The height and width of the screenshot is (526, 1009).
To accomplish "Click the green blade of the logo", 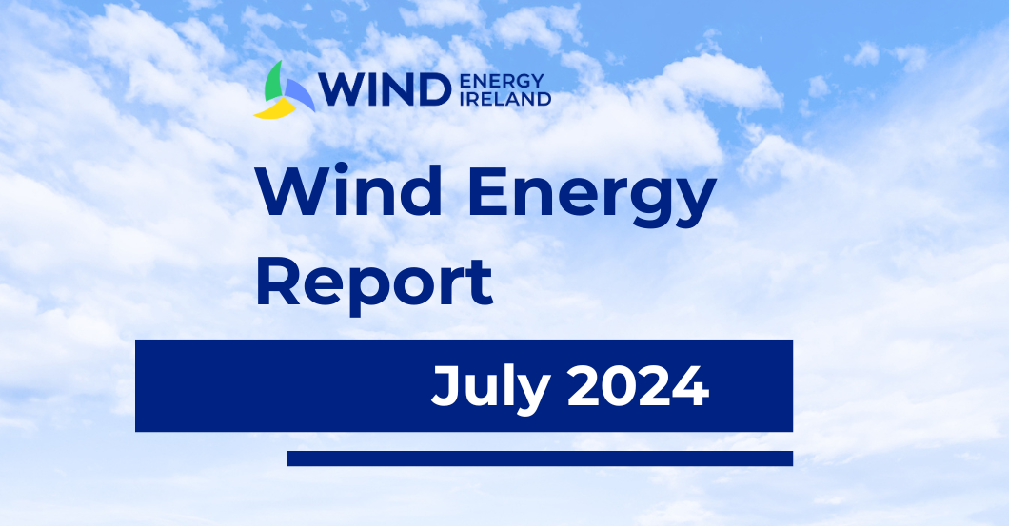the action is pos(273,83).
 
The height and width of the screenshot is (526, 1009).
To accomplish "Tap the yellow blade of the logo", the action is pos(275,110).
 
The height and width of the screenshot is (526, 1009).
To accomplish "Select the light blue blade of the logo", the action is pos(300,95).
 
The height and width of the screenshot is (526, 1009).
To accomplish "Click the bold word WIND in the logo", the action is pos(385,89).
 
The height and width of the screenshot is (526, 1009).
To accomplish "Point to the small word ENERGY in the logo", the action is pos(502,81).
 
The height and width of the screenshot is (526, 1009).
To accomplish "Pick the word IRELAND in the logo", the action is pos(505,98).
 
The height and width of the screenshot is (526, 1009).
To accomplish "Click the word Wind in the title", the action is pos(349,191).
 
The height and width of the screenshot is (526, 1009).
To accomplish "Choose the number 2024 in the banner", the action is pos(639,386).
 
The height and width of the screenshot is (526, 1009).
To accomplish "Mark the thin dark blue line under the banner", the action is pos(540,458).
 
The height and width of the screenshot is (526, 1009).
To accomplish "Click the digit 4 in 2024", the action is pos(690,386).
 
